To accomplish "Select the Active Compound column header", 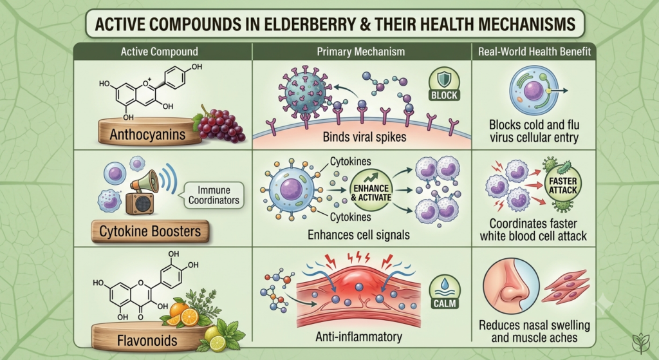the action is [x=160, y=52].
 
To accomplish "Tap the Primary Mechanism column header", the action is [x=360, y=52].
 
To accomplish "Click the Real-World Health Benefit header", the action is [x=534, y=52].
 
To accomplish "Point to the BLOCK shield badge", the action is [x=444, y=84].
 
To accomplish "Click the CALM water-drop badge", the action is [x=444, y=292].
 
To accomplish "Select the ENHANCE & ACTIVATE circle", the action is [x=371, y=190].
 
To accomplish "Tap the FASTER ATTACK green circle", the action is [x=562, y=185].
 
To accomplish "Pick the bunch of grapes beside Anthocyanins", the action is [x=219, y=124].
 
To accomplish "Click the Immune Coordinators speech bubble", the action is [x=214, y=195].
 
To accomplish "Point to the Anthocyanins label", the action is [x=147, y=135].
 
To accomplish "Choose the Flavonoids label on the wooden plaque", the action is [x=147, y=340].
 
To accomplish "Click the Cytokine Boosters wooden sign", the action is [x=150, y=231].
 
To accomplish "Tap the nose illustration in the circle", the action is [x=511, y=285].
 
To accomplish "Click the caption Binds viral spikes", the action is [x=364, y=137].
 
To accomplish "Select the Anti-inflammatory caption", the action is [x=358, y=336].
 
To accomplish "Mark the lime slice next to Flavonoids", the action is [x=218, y=343].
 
